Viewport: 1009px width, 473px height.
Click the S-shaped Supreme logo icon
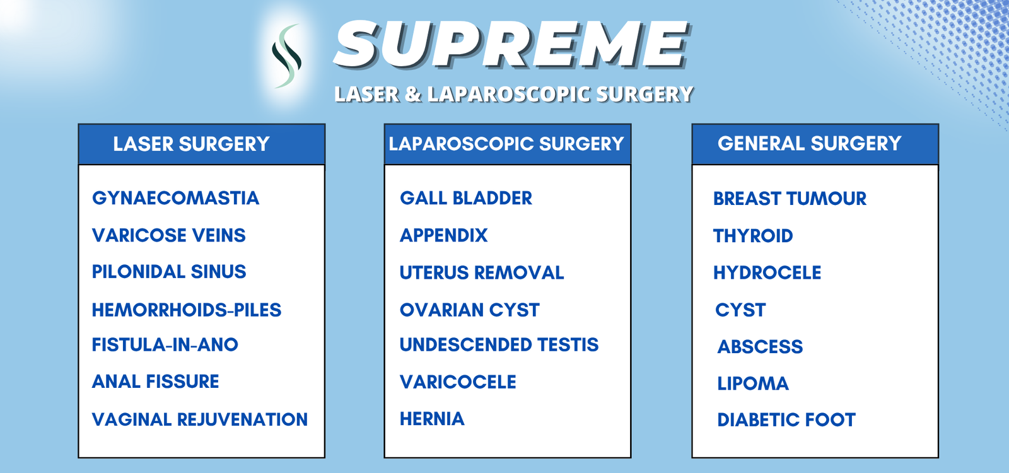coord(286,56)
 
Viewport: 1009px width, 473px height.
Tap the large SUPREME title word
coord(511,44)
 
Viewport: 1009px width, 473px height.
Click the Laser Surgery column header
coord(191,144)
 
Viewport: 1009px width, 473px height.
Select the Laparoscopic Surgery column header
coord(506,144)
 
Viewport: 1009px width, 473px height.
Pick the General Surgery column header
coord(810,144)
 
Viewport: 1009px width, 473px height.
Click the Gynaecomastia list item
coord(176,198)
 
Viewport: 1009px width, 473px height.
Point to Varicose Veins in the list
coord(169,235)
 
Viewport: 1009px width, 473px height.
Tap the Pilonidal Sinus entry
coord(169,272)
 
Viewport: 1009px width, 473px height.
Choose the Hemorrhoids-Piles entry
coord(187,310)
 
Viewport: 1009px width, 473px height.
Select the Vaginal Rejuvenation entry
coord(200,419)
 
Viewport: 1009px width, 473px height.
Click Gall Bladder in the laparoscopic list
coord(466,198)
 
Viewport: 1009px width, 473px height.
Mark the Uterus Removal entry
coord(482,272)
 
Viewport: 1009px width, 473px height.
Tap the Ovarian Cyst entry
coord(469,310)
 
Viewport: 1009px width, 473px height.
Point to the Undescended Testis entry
coord(499,344)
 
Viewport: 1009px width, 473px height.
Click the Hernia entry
coord(432,419)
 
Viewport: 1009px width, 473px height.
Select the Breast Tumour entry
coord(790,199)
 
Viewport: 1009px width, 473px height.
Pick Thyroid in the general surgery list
coord(753,236)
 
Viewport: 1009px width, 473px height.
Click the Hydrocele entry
coord(767,272)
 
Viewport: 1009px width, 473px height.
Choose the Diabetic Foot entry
coord(786,420)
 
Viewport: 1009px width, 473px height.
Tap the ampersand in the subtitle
coord(413,95)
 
